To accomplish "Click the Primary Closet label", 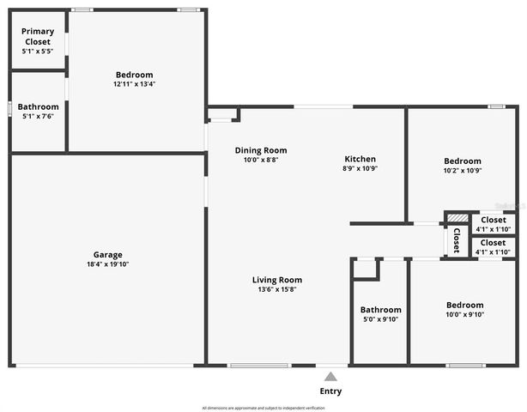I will click(37, 36).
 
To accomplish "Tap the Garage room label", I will click(108, 254).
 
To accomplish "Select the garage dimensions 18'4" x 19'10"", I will click(108, 264).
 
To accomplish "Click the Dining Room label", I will click(261, 150).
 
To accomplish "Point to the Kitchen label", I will click(360, 159).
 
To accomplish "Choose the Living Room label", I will click(276, 280).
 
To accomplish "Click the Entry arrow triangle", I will click(330, 375).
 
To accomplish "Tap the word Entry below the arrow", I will click(330, 391).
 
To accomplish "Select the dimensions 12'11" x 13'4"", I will click(134, 84).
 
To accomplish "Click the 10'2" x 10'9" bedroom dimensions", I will click(462, 171).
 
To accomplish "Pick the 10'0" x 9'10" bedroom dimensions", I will click(464, 314).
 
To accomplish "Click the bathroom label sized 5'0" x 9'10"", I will click(380, 310).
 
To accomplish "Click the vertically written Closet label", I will click(456, 237).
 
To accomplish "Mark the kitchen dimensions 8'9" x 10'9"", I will click(360, 168).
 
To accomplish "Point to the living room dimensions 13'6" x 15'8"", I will click(276, 289).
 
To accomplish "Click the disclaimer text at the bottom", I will click(263, 408).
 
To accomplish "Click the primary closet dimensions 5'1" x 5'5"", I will click(37, 51).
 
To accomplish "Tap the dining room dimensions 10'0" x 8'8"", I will click(261, 160).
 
